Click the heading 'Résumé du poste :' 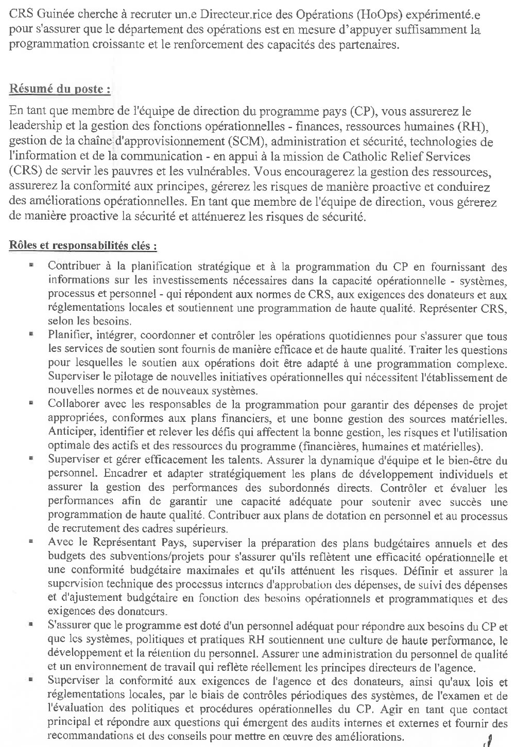pyautogui.click(x=60, y=88)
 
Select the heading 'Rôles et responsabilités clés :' pyautogui.click(x=83, y=245)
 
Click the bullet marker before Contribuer pyautogui.click(x=31, y=266)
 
